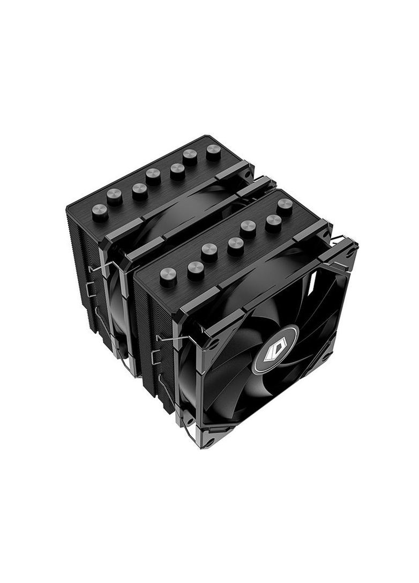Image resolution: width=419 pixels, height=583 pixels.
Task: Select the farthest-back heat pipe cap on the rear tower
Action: pos(213,152)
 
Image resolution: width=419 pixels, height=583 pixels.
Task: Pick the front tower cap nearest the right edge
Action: pos(285,206)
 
